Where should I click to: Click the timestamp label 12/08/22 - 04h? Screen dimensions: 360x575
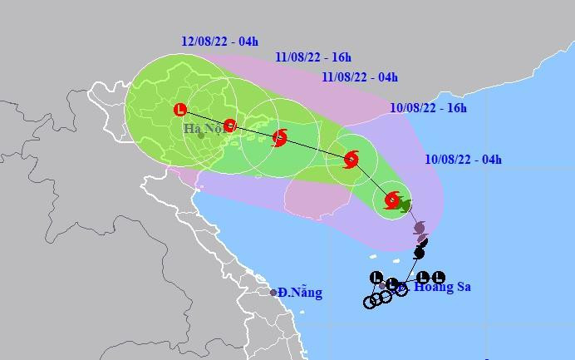[218, 42]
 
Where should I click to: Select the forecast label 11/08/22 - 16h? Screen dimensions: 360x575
[313, 57]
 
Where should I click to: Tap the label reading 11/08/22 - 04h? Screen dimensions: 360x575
[359, 77]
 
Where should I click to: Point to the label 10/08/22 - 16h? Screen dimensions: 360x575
[428, 108]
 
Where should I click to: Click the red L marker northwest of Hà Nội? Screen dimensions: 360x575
[179, 109]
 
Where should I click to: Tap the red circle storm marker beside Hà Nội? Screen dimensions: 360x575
[230, 126]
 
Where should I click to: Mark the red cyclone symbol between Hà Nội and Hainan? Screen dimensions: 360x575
[280, 137]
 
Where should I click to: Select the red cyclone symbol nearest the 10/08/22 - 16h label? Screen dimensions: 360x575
[351, 159]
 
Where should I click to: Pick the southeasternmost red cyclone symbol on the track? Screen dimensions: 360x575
[392, 200]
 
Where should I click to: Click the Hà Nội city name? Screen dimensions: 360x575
[204, 129]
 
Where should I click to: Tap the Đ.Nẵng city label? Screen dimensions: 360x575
[300, 293]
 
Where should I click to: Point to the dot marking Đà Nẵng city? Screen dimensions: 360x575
[273, 293]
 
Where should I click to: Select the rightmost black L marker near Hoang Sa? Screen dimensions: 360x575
[439, 278]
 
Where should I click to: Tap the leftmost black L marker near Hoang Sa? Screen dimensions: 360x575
[376, 278]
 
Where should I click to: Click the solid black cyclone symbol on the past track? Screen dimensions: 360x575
[420, 252]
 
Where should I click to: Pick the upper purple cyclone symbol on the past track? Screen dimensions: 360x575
[419, 227]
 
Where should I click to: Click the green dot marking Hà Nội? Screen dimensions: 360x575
[200, 135]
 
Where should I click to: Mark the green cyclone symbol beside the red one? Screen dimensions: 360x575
[405, 205]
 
